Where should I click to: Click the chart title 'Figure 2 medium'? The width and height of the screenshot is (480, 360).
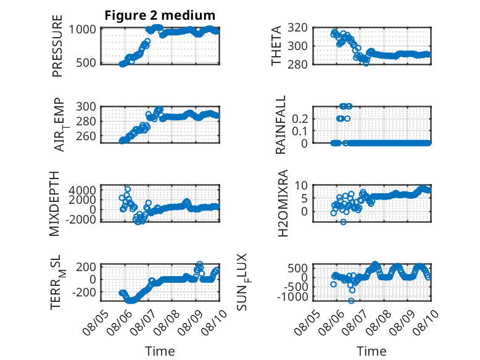[x=160, y=15]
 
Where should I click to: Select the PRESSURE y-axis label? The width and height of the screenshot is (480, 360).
[x=57, y=46]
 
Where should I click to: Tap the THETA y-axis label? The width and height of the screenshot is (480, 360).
[x=276, y=46]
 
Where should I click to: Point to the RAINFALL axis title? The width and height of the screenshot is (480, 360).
[x=280, y=125]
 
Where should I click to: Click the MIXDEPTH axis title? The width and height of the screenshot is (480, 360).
[x=54, y=204]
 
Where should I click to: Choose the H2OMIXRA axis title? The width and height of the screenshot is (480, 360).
[x=283, y=203]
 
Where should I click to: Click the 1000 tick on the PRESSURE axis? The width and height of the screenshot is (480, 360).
[x=82, y=30]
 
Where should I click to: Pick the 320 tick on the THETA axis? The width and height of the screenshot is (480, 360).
[x=297, y=28]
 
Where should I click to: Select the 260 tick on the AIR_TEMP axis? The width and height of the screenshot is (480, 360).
[x=86, y=136]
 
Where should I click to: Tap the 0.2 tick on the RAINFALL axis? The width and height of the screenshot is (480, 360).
[x=300, y=119]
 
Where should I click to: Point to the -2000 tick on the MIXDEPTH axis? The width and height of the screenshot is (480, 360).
[x=80, y=219]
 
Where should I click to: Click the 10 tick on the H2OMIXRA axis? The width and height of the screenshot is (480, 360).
[x=301, y=185]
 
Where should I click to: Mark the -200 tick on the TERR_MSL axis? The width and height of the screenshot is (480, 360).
[x=84, y=292]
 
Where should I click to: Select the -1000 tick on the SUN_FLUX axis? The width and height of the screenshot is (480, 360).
[x=296, y=296]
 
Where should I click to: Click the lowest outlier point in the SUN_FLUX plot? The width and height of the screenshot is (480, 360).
[x=351, y=301]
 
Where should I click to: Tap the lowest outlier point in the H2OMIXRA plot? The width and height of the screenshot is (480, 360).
[x=343, y=222]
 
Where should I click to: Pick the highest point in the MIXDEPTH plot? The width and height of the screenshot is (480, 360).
[x=128, y=189]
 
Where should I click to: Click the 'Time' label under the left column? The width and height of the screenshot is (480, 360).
[x=160, y=351]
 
